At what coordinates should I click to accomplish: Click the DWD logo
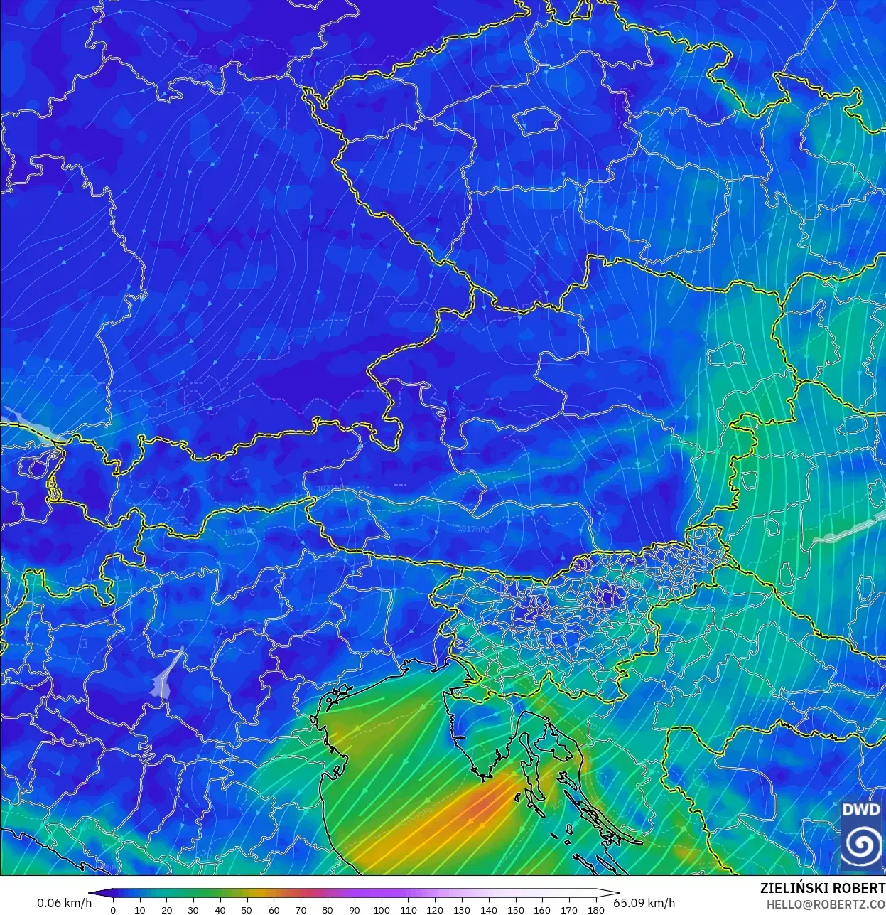pos(861,835)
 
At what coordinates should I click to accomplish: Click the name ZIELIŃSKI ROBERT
pos(822,889)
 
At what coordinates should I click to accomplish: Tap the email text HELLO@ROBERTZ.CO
pos(825,904)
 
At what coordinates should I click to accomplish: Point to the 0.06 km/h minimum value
pos(64,903)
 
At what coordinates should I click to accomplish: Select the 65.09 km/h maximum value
pos(644,903)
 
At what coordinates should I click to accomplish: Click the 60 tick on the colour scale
pos(274,910)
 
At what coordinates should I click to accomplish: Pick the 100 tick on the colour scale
pos(381,910)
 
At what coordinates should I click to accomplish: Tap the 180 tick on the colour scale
pos(596,910)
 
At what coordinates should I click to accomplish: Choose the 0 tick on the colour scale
pos(112,910)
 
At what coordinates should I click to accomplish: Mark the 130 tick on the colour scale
pos(462,910)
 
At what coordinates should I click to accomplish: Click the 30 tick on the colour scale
pos(193,910)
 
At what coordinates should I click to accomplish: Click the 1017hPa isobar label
pos(470,529)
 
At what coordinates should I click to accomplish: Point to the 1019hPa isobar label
pos(238,532)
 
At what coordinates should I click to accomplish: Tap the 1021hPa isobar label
pos(330,488)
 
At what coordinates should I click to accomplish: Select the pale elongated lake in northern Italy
pos(165,675)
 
